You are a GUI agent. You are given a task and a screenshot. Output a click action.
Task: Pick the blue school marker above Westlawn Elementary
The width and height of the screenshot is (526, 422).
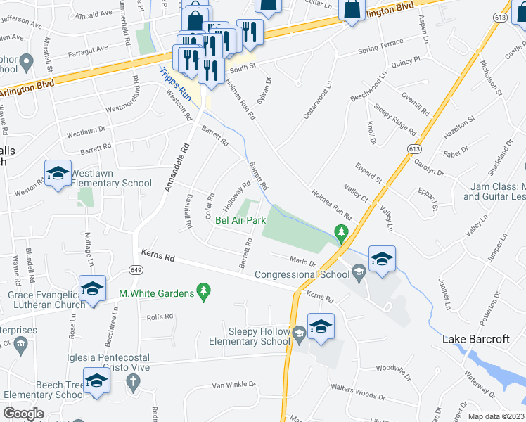click(x=58, y=174)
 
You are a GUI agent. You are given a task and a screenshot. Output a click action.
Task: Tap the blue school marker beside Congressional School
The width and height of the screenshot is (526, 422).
click(x=381, y=258)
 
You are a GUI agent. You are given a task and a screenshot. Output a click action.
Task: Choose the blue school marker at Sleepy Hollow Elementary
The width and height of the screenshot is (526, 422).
click(x=320, y=326)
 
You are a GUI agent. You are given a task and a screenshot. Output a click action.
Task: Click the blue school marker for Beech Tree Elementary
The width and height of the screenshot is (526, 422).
click(x=96, y=381)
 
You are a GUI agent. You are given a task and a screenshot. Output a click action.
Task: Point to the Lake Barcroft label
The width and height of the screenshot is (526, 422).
click(x=476, y=339)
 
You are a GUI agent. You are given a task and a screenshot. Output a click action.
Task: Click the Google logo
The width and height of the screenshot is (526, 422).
click(x=23, y=413)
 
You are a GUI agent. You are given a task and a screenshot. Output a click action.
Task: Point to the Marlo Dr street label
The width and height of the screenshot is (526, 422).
click(x=304, y=262)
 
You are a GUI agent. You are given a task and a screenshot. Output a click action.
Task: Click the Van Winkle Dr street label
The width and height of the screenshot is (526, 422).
click(x=236, y=385)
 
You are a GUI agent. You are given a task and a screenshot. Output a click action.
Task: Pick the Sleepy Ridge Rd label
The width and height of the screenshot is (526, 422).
click(x=396, y=119)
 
